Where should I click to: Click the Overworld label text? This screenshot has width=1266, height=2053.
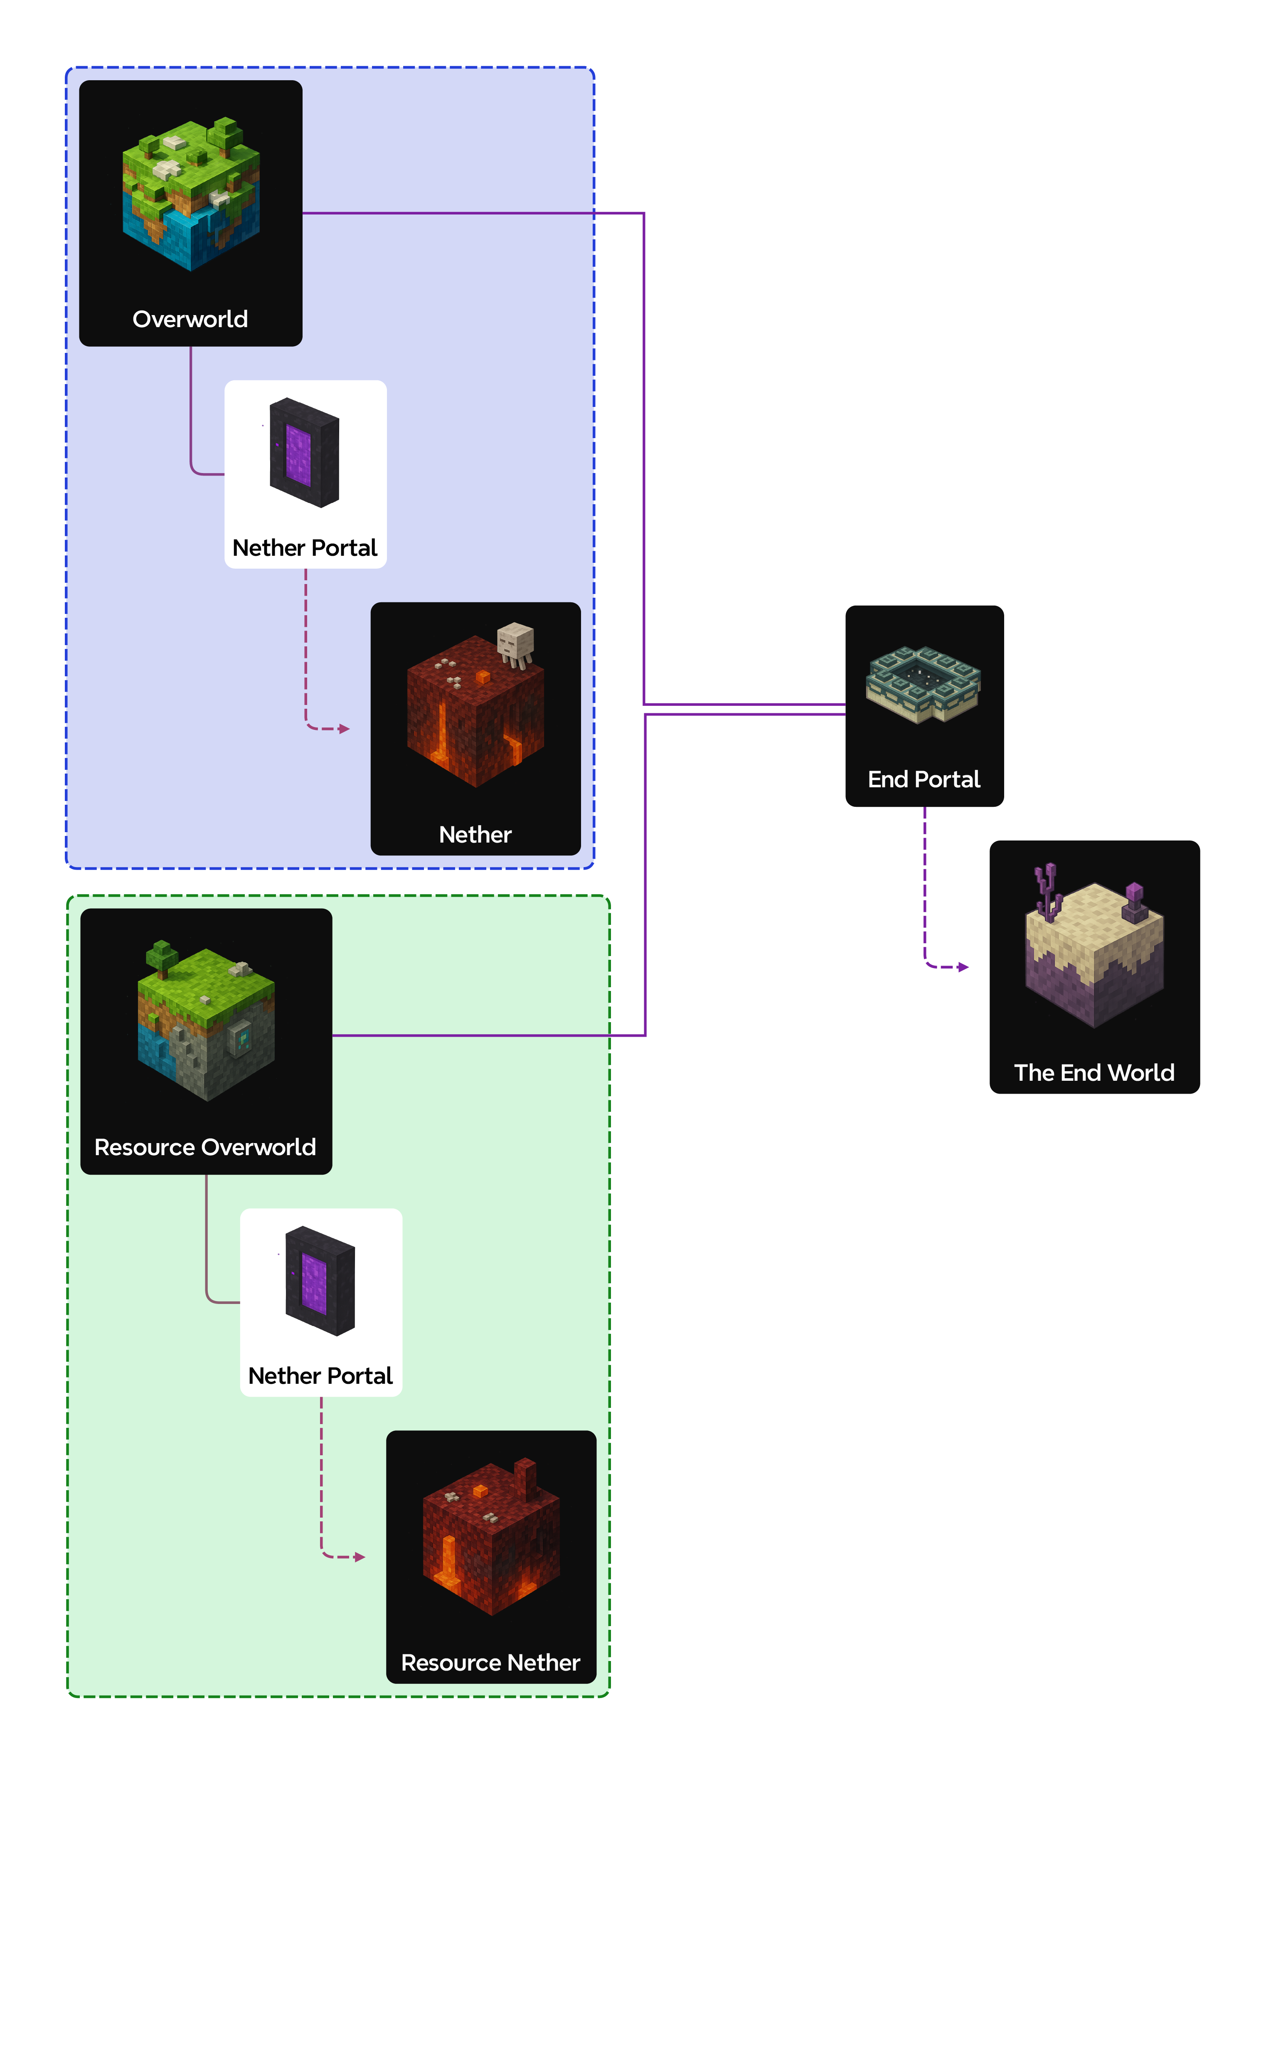point(190,319)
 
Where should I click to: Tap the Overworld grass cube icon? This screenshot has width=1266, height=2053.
point(191,194)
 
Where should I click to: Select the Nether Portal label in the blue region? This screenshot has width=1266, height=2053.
point(305,547)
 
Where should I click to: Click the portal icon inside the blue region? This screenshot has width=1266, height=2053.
point(304,453)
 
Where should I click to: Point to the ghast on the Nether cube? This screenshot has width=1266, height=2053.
point(515,643)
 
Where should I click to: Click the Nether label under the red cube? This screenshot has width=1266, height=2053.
point(475,835)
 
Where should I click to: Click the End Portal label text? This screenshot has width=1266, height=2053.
point(924,779)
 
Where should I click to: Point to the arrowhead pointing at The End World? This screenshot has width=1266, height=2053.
point(964,967)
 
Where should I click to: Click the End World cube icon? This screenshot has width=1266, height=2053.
point(1094,954)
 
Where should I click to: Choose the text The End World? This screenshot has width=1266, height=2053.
point(1094,1072)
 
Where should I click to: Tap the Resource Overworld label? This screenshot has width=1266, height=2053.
point(205,1147)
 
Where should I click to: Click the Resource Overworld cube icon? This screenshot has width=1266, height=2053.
point(206,1023)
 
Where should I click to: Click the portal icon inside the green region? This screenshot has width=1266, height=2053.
point(320,1281)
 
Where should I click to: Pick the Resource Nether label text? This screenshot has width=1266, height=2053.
point(491,1663)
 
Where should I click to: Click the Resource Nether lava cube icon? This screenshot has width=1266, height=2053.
point(491,1540)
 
